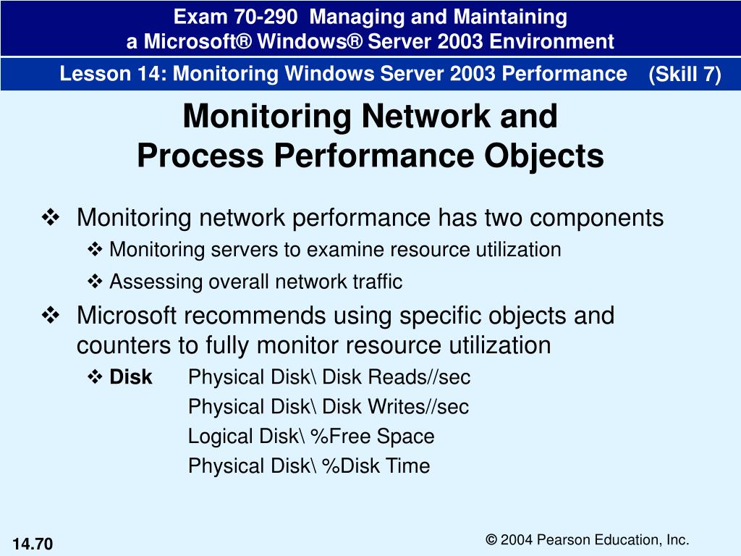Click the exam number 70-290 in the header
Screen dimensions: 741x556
(x=266, y=17)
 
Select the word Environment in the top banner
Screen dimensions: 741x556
(x=551, y=41)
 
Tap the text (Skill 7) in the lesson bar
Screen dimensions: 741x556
(x=685, y=75)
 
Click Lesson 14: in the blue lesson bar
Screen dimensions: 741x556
(x=113, y=74)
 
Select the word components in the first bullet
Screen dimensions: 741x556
(x=596, y=219)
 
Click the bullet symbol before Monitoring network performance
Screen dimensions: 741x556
(x=51, y=217)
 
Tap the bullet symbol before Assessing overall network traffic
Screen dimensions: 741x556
(x=95, y=282)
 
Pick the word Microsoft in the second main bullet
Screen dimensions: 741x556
(x=126, y=316)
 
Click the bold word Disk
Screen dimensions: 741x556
(x=131, y=376)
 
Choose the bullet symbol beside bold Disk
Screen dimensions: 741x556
(x=95, y=376)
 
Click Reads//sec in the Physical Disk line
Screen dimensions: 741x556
(x=419, y=376)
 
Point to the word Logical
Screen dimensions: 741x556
(x=219, y=437)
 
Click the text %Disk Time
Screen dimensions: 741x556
(x=376, y=466)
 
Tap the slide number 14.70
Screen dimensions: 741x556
(x=33, y=544)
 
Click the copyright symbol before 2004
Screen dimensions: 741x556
(x=491, y=539)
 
